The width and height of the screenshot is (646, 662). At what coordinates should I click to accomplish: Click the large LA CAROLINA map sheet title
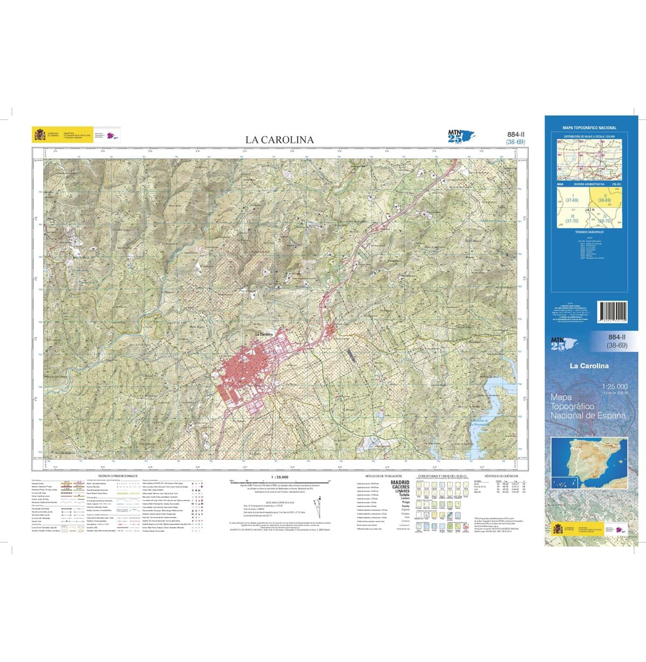[279, 140]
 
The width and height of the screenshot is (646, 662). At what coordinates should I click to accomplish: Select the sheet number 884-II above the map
[516, 135]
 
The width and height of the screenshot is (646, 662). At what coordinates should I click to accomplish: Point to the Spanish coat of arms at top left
[40, 134]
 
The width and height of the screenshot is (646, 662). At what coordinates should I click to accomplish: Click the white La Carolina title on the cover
[589, 366]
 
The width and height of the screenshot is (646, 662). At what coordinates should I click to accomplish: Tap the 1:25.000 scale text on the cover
[615, 386]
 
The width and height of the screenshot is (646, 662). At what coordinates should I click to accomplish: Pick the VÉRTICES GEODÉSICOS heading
[501, 476]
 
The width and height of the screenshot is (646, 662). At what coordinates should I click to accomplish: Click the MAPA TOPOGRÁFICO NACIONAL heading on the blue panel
[589, 128]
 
